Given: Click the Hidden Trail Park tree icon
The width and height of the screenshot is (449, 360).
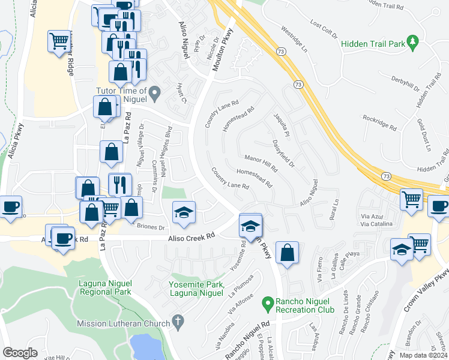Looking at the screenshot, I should point(412,42).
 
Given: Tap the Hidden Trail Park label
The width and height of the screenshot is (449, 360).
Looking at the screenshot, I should point(372,44).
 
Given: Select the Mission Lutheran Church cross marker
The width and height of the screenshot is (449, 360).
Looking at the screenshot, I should point(177,322).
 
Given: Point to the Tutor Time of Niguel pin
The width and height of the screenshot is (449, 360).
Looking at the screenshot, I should point(155,94).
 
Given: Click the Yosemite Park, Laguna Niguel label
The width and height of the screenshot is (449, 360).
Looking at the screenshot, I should point(197,289).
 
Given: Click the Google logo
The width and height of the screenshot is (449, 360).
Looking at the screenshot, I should point(20,352).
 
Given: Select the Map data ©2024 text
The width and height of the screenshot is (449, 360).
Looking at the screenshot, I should point(423,355).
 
